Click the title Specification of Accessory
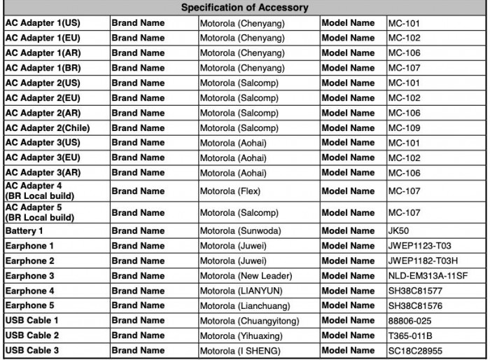pos(244,8)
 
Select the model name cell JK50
pos(400,230)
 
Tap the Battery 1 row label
pos(24,230)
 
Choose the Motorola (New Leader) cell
pos(246,276)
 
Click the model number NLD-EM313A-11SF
pos(428,276)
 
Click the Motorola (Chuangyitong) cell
pos(249,321)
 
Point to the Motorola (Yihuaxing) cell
pos(242,335)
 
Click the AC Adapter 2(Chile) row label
pos(48,127)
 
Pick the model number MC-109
pos(405,127)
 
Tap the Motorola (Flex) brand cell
pos(233,191)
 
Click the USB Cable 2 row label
pos(32,335)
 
